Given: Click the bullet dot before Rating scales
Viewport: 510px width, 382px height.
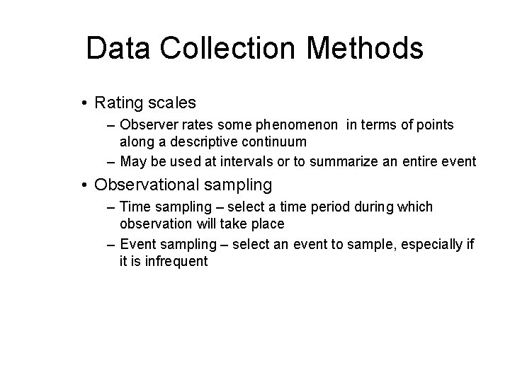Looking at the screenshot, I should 84,104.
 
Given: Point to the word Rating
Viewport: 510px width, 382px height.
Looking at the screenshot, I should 119,103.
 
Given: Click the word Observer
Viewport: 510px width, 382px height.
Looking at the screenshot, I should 146,125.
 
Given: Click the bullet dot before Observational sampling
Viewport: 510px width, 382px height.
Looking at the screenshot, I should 84,185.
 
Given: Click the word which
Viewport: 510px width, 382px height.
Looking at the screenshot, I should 414,207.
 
